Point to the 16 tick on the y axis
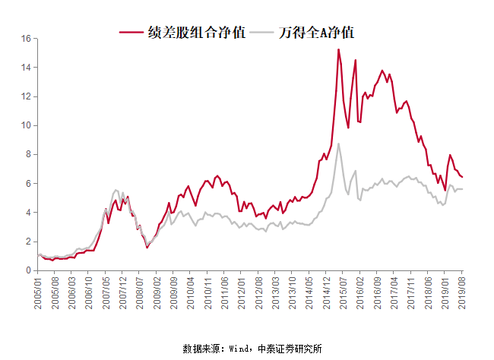(x=26, y=38)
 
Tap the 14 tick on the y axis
(x=26, y=67)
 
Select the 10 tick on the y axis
(x=26, y=125)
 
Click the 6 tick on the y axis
(x=28, y=183)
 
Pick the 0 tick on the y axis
(x=28, y=270)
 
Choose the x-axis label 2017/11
(x=408, y=292)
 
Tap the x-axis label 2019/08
(x=461, y=292)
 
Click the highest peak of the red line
(x=338, y=49)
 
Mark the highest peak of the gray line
(x=338, y=144)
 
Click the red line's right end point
(x=462, y=177)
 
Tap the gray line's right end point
(x=462, y=189)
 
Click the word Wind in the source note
(x=240, y=349)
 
